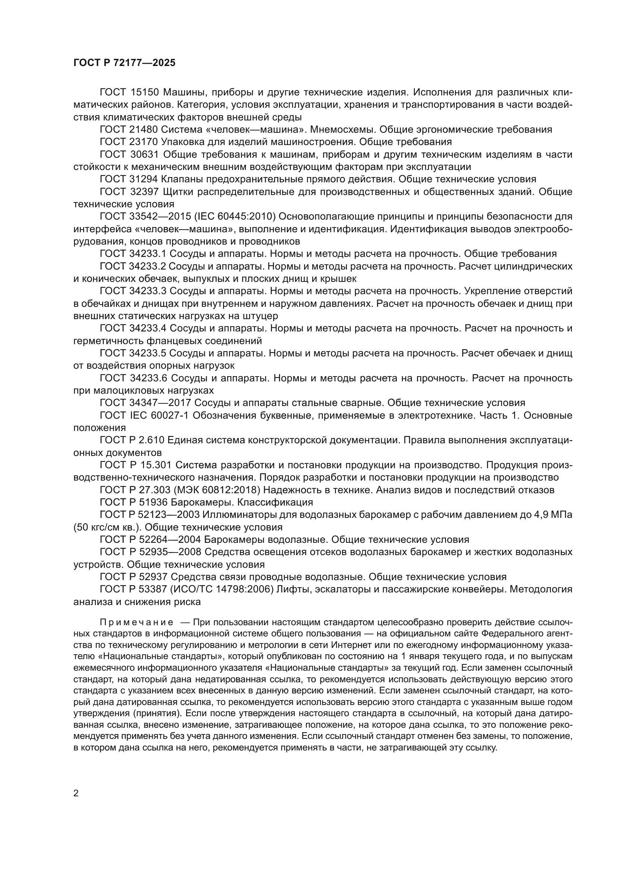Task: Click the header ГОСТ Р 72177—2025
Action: pos(124,63)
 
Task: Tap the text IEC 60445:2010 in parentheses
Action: pos(235,217)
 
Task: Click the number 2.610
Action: pos(151,440)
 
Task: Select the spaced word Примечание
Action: pos(137,622)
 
